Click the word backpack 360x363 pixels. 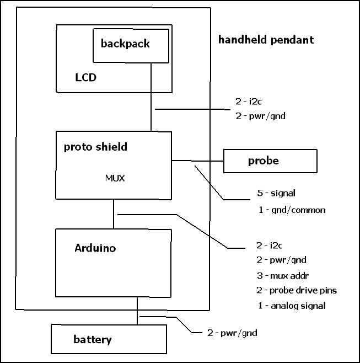[125, 44]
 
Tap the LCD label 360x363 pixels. [85, 77]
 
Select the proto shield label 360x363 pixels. [95, 147]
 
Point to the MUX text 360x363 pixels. [115, 178]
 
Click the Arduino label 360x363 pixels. [95, 248]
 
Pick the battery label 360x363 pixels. [93, 339]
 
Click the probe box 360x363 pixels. [270, 161]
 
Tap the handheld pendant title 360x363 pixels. [266, 40]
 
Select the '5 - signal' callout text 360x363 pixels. [276, 193]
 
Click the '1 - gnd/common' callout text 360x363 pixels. [292, 210]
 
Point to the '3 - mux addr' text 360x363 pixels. [283, 276]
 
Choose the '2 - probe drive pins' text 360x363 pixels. [297, 290]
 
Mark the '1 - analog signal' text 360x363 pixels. [292, 306]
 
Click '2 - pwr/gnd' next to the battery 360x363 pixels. [232, 333]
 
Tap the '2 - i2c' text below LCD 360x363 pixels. [249, 102]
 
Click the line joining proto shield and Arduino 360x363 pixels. [114, 214]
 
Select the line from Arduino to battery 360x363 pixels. [137, 311]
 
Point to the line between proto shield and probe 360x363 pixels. [197, 161]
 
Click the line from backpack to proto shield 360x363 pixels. [151, 97]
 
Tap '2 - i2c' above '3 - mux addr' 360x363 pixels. [269, 245]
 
